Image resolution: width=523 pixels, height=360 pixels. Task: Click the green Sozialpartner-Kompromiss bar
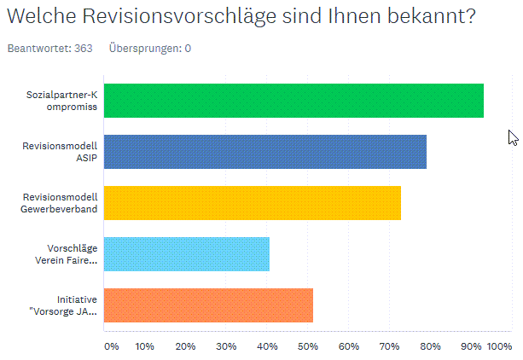pyautogui.click(x=293, y=101)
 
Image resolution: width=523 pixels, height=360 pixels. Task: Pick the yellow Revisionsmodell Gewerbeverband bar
pyautogui.click(x=252, y=203)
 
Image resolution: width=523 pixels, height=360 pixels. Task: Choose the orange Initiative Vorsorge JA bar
pyautogui.click(x=208, y=305)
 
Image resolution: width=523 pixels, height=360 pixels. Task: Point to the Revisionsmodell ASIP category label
pyautogui.click(x=72, y=152)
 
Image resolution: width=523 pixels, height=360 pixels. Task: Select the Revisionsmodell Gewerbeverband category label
pyautogui.click(x=60, y=203)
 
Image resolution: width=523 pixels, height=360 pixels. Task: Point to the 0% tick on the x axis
pyautogui.click(x=112, y=346)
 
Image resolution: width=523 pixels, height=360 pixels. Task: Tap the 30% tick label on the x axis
pyautogui.click(x=226, y=346)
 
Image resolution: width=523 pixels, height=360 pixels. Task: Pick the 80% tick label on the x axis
pyautogui.click(x=431, y=346)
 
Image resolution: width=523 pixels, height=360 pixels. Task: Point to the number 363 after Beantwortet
pyautogui.click(x=82, y=49)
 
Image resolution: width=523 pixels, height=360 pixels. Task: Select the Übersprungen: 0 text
pyautogui.click(x=149, y=49)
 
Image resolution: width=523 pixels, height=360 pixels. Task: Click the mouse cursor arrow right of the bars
pyautogui.click(x=513, y=137)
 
